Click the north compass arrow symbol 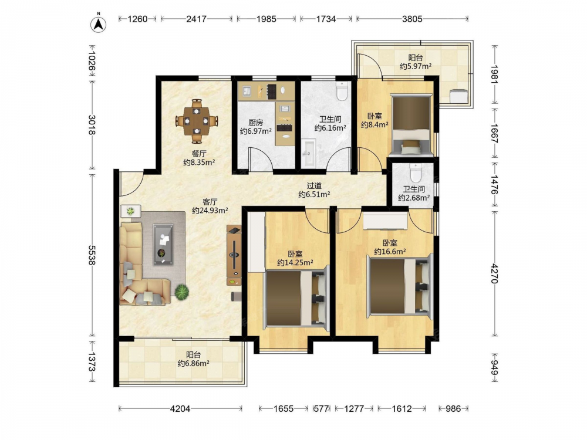click(99, 23)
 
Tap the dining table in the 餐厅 click(197, 121)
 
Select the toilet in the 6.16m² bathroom click(342, 90)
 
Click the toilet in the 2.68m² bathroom click(416, 172)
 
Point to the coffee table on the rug click(163, 245)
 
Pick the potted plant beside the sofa click(181, 292)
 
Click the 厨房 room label click(256, 123)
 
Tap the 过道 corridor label click(314, 185)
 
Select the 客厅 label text click(210, 202)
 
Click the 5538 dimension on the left click(92, 255)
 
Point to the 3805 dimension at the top click(412, 19)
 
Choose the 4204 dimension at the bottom click(180, 408)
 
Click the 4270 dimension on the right click(495, 273)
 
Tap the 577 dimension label click(321, 408)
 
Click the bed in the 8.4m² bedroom click(410, 124)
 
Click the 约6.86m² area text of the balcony click(193, 363)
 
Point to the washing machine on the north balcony click(458, 96)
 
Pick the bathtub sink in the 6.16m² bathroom click(309, 153)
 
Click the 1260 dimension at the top click(137, 19)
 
